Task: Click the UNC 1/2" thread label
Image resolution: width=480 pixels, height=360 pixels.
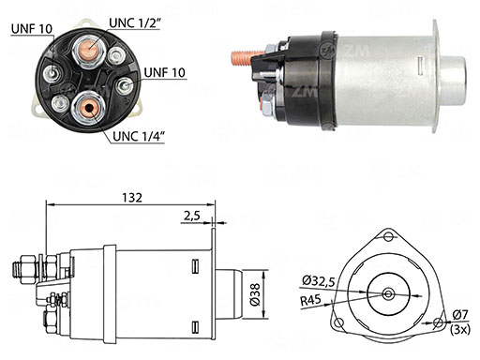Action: pyautogui.click(x=135, y=22)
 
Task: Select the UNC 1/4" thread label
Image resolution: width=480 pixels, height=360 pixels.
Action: pyautogui.click(x=139, y=136)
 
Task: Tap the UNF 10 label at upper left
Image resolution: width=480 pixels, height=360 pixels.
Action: pyautogui.click(x=32, y=29)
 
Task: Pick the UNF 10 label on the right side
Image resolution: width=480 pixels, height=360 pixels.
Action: pyautogui.click(x=165, y=72)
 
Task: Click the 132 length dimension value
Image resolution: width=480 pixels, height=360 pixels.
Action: pyautogui.click(x=132, y=198)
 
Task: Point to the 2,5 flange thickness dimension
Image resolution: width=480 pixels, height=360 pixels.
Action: pyautogui.click(x=192, y=216)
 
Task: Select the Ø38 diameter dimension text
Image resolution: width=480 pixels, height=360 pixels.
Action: pyautogui.click(x=255, y=294)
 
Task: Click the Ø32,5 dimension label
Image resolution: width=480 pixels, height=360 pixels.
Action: pyautogui.click(x=319, y=281)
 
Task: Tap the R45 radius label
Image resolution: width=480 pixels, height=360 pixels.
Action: pyautogui.click(x=310, y=301)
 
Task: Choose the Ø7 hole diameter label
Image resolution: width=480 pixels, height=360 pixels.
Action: pyautogui.click(x=461, y=315)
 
